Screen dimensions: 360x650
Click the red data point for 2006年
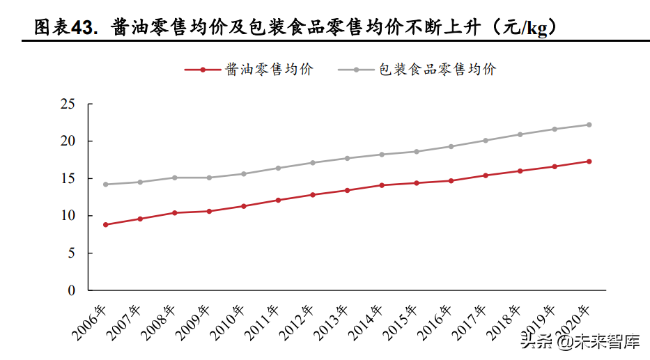coord(105,225)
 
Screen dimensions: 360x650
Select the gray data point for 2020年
coord(589,125)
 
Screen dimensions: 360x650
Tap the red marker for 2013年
coord(347,190)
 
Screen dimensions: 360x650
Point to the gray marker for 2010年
coord(243,174)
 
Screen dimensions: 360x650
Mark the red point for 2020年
coord(589,162)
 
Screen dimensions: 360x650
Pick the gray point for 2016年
coord(451,146)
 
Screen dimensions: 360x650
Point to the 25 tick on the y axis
coord(68,104)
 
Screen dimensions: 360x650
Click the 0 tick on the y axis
coord(72,290)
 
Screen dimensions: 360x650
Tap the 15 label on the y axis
coord(68,178)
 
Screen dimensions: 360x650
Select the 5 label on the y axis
coord(72,253)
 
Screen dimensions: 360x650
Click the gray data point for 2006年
coord(105,185)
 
